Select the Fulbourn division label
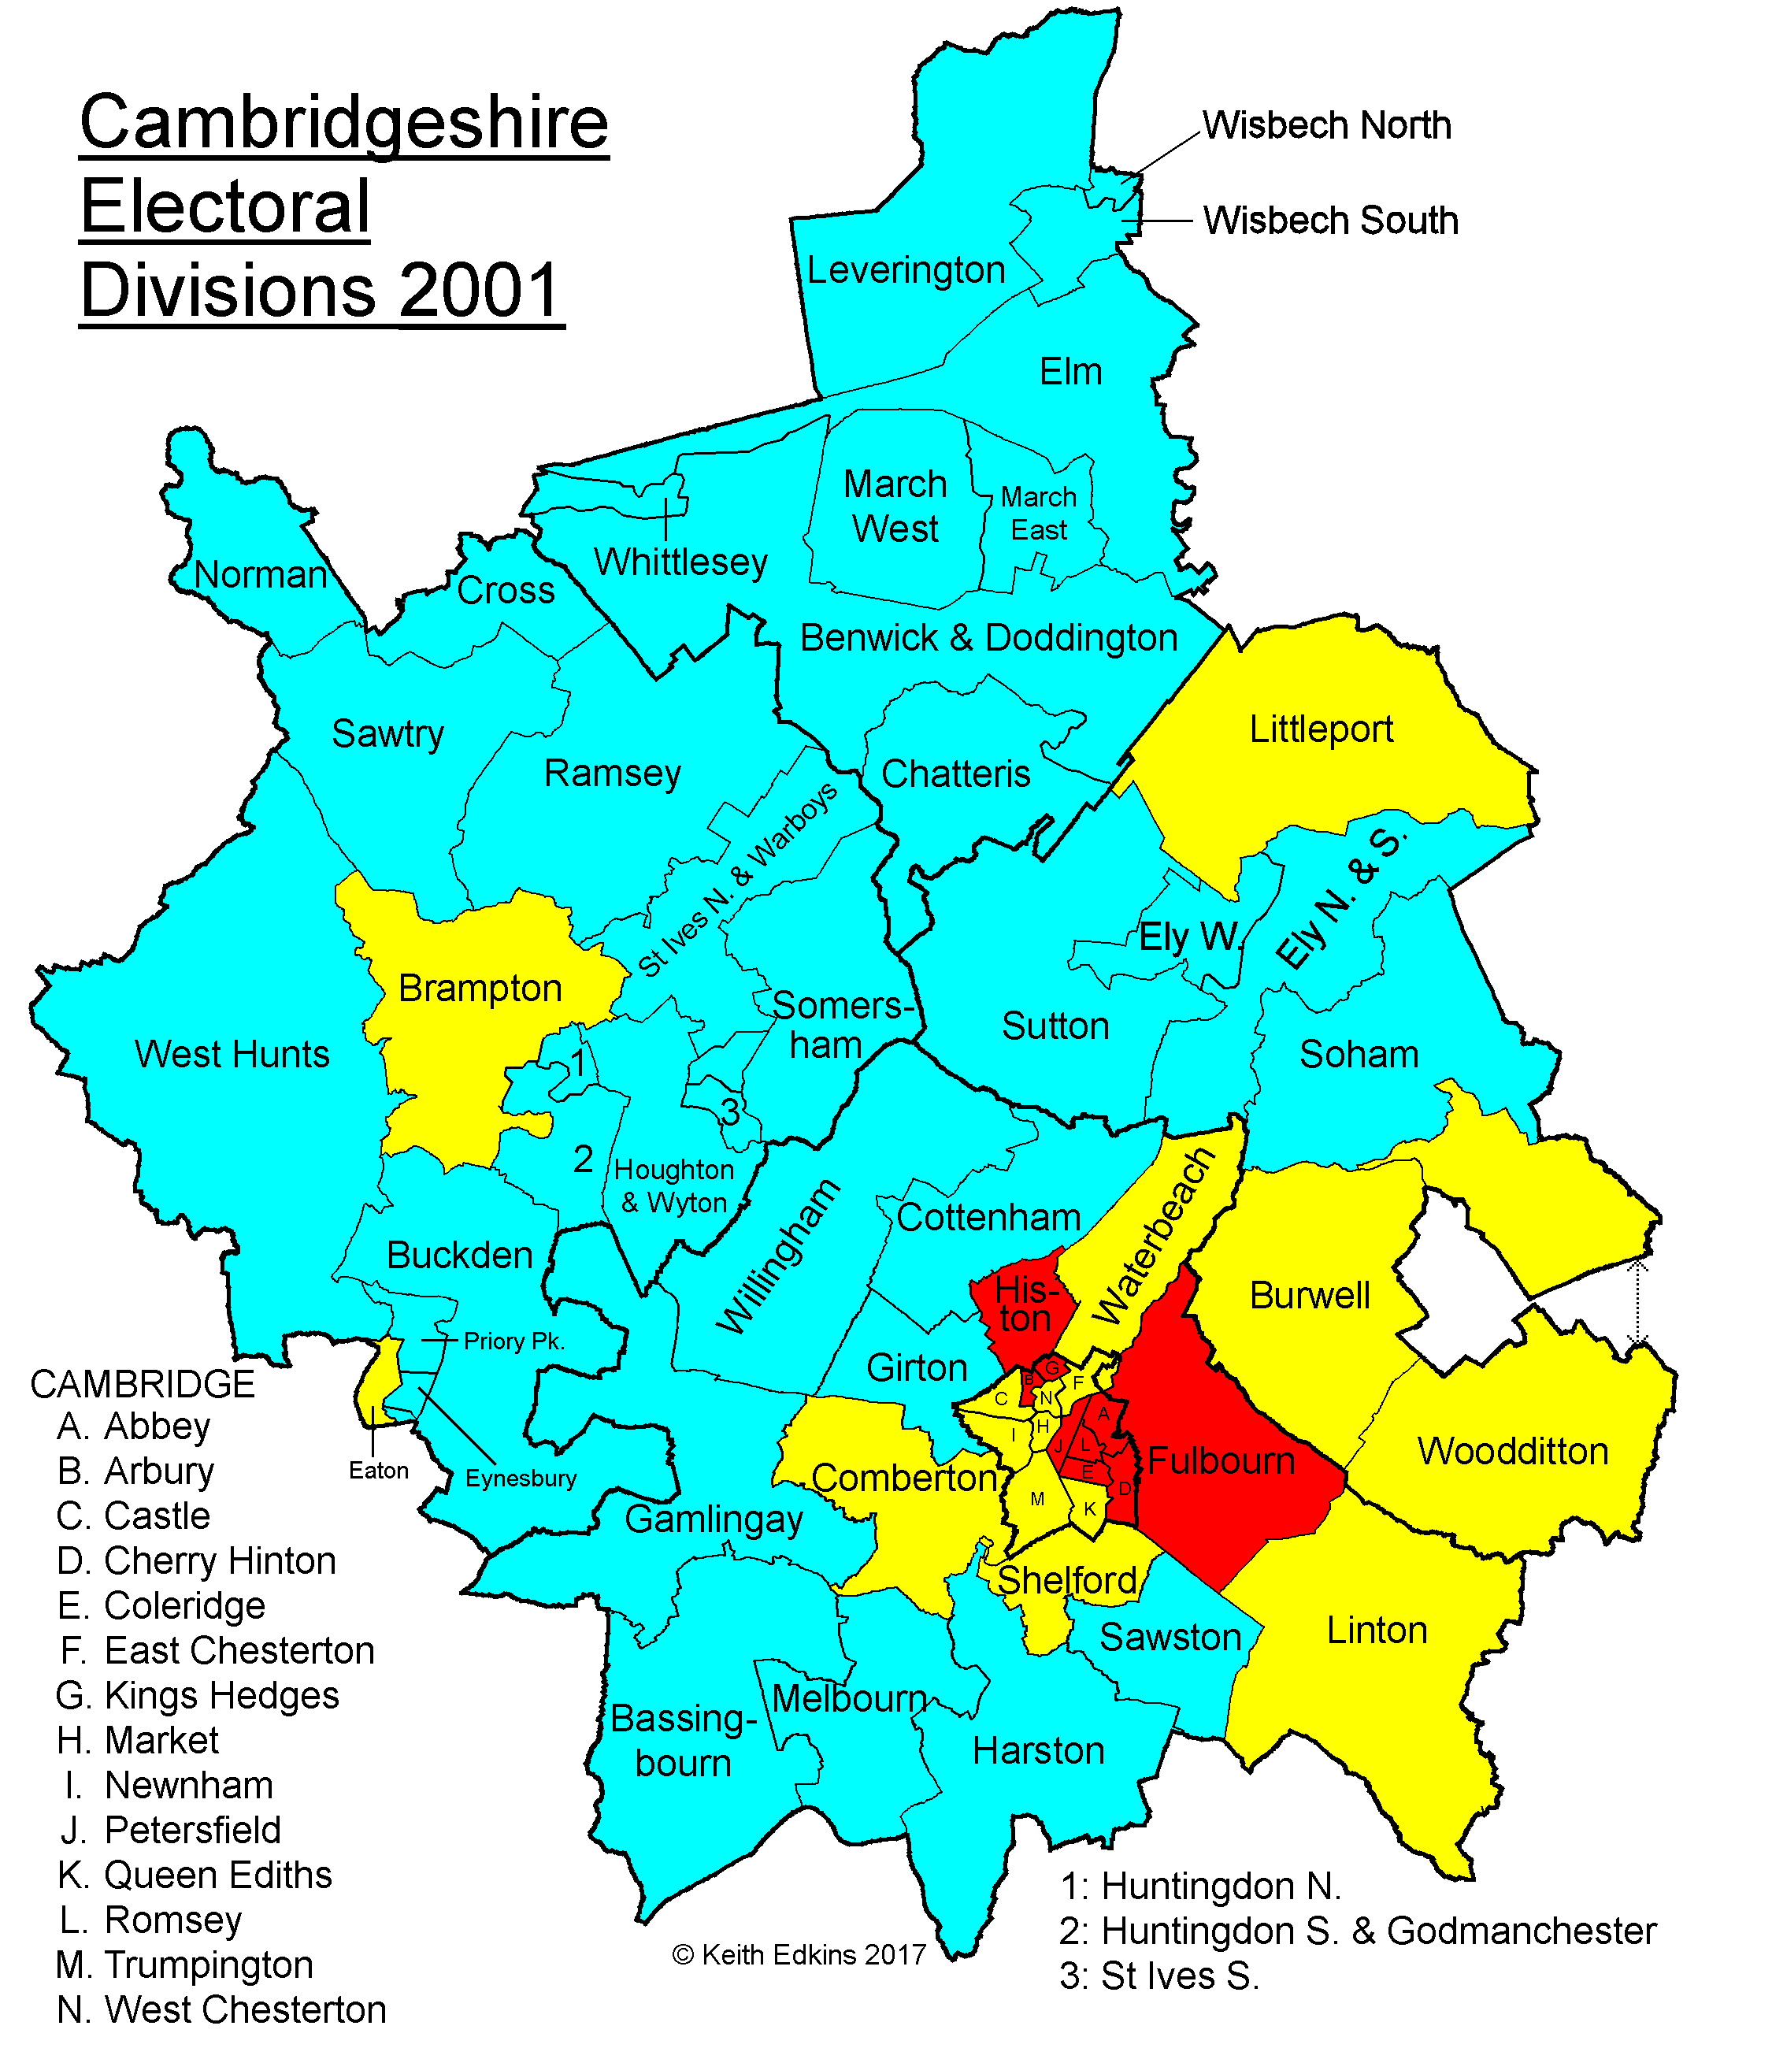coord(1221,1460)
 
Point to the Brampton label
coord(480,988)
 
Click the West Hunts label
coord(232,1054)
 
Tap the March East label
coord(1038,514)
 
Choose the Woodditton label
coord(1513,1451)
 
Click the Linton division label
coord(1377,1630)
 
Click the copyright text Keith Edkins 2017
coord(799,1955)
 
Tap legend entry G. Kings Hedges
coord(198,1695)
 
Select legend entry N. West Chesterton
coord(221,2009)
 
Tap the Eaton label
coord(379,1471)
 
